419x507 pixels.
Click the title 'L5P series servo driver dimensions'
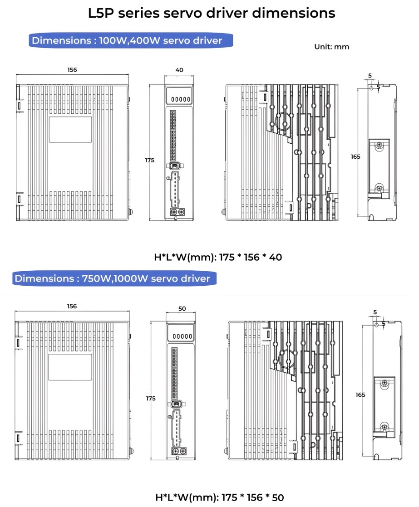point(212,13)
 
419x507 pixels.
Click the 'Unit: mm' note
point(331,47)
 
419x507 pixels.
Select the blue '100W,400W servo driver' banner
point(131,41)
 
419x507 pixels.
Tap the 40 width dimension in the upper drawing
point(179,70)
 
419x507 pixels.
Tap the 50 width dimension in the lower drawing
point(182,308)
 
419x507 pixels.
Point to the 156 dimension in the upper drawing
point(72,70)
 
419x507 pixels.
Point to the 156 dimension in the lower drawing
point(72,306)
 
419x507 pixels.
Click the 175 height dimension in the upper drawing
point(150,160)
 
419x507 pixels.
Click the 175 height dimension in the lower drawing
point(151,398)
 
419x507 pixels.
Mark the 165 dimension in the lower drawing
point(360,395)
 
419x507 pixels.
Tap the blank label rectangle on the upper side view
point(70,130)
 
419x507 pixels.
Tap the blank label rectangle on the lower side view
point(70,367)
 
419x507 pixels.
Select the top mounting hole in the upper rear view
point(372,88)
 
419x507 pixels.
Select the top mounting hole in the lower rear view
point(376,325)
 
